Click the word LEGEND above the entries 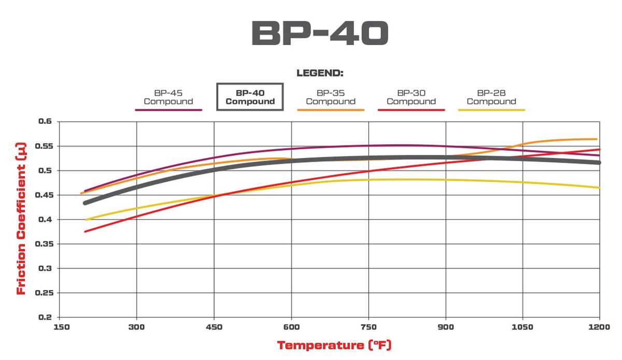point(320,73)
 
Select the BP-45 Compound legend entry point(168,97)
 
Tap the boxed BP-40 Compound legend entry point(250,97)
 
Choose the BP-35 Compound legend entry point(331,97)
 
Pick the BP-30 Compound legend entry point(412,97)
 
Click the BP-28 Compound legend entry point(491,97)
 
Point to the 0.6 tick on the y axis point(46,121)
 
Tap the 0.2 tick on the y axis point(46,317)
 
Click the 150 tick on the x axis point(61,327)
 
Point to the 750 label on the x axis point(369,327)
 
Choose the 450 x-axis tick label point(214,327)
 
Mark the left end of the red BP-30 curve point(85,231)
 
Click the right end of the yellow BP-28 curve point(599,188)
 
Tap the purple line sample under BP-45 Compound point(168,110)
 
